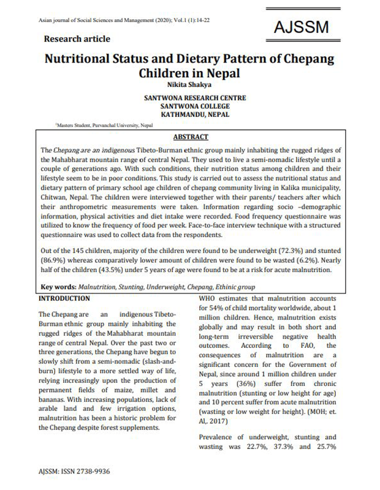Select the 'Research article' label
[x=77, y=39]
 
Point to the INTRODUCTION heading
[x=64, y=298]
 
